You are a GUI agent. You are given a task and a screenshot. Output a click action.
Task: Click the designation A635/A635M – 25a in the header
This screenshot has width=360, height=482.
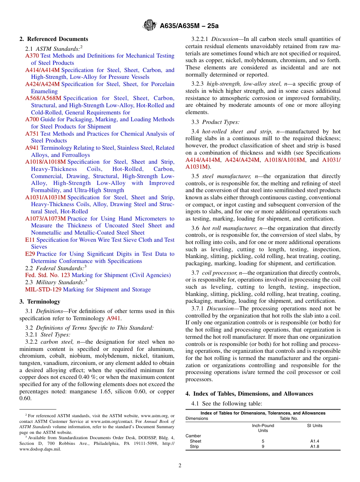tap(189, 26)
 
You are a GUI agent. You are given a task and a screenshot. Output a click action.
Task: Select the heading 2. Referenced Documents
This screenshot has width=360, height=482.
tap(53, 39)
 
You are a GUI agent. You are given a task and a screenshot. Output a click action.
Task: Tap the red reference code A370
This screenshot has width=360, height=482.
tap(32, 56)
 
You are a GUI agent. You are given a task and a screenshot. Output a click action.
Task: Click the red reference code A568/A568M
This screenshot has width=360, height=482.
tap(43, 98)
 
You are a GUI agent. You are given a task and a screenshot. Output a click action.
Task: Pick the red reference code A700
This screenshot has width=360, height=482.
tap(32, 119)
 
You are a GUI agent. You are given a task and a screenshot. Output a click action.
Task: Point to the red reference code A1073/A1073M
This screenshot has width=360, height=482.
tap(45, 219)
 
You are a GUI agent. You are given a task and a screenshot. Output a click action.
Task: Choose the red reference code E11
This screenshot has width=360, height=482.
tap(30, 240)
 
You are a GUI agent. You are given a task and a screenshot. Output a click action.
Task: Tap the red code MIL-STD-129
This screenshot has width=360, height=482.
tap(43, 290)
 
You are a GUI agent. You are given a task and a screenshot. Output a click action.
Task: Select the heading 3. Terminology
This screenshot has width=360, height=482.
tap(40, 302)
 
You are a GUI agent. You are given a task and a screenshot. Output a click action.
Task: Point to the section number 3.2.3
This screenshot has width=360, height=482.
tap(198, 84)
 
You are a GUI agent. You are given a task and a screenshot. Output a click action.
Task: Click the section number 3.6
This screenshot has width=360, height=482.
tap(196, 228)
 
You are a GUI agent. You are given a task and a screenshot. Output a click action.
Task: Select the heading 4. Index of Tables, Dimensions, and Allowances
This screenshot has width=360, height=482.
tap(249, 394)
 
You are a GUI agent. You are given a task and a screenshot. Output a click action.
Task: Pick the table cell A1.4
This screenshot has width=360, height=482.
tap(315, 441)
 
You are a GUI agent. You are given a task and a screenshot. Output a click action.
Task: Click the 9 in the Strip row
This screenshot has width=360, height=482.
tap(263, 446)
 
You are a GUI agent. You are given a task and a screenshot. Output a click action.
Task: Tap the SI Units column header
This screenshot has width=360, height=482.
tap(315, 426)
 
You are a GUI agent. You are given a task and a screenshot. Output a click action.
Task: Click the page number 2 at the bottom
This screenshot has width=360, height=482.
tap(180, 466)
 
